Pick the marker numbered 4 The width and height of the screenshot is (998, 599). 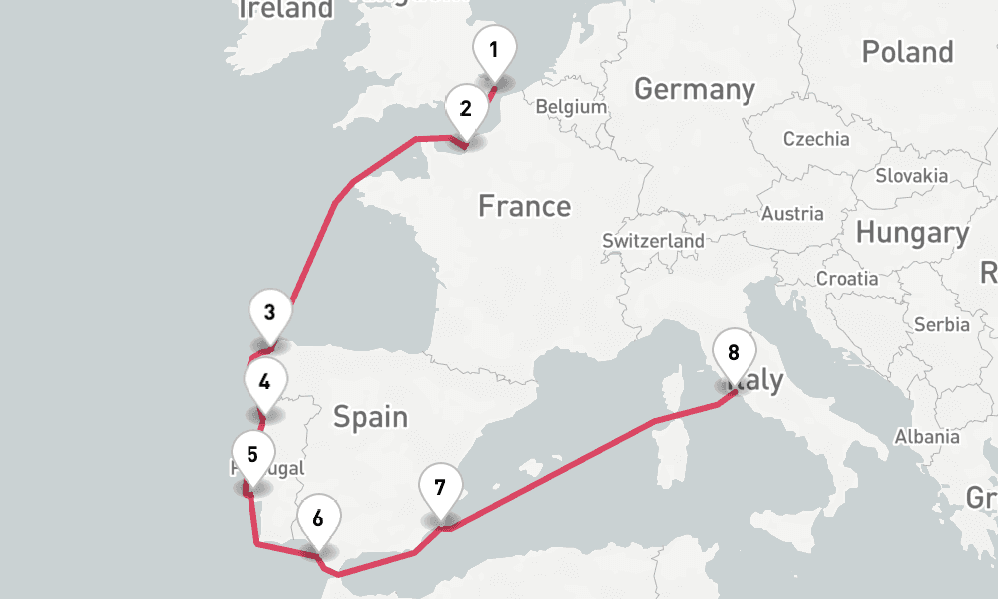[264, 383]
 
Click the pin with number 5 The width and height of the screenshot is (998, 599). [252, 455]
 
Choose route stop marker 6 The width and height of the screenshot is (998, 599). [317, 519]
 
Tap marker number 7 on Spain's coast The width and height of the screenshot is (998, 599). [440, 489]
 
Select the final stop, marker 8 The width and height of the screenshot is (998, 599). [734, 353]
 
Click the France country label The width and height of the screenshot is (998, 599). [524, 207]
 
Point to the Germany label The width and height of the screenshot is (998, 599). [695, 89]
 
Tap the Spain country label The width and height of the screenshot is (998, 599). [370, 416]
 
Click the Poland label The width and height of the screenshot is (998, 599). [907, 52]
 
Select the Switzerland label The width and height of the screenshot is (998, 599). [653, 241]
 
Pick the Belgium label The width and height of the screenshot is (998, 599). [571, 107]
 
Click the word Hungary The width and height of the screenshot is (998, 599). [912, 234]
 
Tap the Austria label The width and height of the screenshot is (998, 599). [792, 213]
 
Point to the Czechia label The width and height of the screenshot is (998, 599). [816, 139]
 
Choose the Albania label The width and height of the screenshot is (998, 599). [927, 436]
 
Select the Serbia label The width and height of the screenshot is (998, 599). [941, 324]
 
